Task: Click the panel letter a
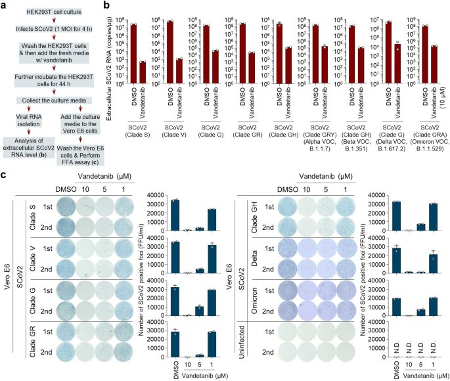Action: (5, 5)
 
